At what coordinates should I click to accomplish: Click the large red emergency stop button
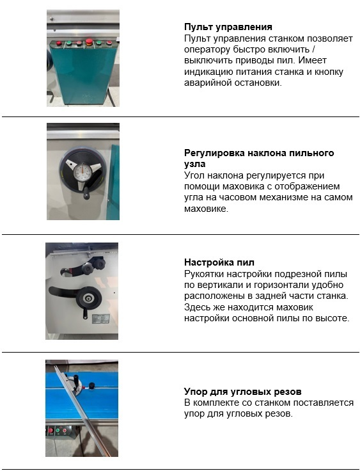tap(89, 42)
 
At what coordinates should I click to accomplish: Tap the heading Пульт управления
tap(228, 27)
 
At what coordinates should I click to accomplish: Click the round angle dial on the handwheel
tap(82, 172)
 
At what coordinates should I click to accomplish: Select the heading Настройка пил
tap(219, 262)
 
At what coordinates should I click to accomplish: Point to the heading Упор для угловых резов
tap(242, 392)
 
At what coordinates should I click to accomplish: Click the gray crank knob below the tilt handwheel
tap(86, 196)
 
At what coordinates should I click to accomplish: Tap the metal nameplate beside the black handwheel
tap(100, 319)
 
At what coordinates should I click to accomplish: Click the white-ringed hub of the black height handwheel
tap(88, 298)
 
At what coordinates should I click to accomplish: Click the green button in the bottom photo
tap(58, 431)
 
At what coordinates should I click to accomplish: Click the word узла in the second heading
tap(195, 164)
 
